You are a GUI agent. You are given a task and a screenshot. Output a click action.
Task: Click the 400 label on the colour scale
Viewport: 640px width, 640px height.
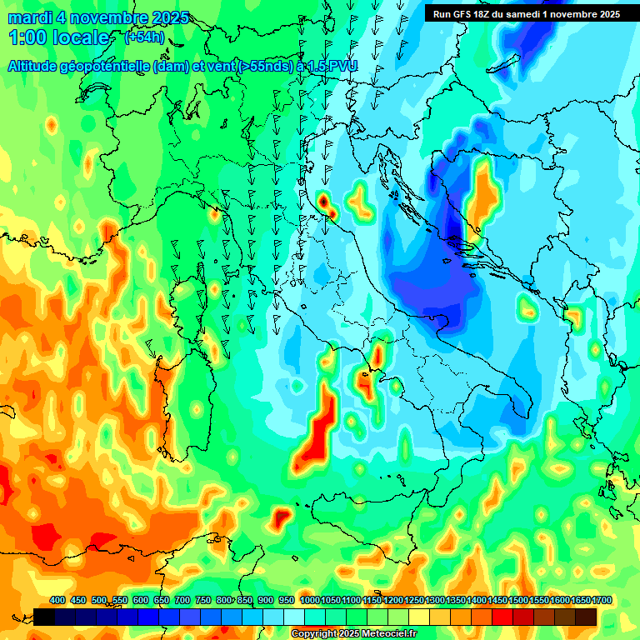[x=57, y=600]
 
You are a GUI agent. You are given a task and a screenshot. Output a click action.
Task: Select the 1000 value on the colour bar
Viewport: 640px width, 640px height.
[x=309, y=600]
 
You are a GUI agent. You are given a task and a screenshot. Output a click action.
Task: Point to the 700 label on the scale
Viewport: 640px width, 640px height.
[x=182, y=600]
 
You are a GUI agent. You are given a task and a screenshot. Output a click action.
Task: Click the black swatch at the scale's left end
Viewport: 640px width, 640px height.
[x=45, y=617]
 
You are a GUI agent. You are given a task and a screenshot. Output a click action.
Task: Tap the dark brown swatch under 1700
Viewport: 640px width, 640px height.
[x=586, y=617]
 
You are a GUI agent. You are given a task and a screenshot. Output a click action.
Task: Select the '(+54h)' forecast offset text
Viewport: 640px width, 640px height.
[x=145, y=37]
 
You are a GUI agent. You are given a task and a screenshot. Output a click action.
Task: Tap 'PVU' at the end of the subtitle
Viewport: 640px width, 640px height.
[x=343, y=67]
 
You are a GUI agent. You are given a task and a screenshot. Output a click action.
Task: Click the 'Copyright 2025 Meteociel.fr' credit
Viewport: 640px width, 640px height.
[x=355, y=633]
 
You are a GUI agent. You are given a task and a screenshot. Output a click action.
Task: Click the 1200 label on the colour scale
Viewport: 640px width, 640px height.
[x=393, y=600]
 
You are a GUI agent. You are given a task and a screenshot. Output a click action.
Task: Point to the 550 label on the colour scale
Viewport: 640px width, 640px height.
[x=120, y=600]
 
